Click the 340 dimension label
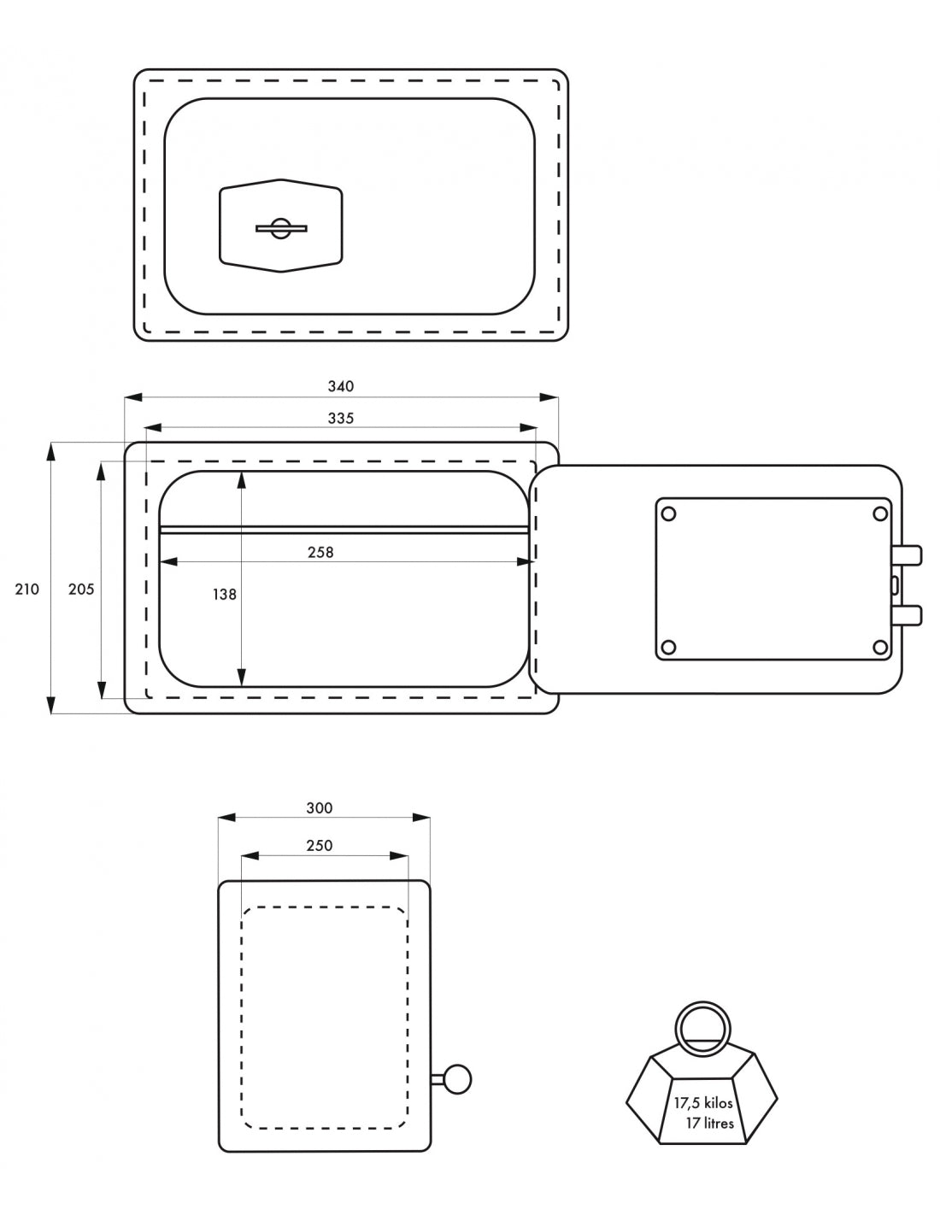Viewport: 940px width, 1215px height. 341,386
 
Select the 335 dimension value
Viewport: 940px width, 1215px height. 341,418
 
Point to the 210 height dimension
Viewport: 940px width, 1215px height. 26,589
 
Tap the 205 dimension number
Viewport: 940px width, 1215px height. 81,589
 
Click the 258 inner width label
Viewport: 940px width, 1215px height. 320,553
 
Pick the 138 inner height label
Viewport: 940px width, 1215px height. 224,595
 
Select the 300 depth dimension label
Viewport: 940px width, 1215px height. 320,808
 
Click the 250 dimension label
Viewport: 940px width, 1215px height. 320,845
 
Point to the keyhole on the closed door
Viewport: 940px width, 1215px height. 281,229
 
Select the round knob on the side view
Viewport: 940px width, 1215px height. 457,1078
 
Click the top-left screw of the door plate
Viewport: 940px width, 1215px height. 669,514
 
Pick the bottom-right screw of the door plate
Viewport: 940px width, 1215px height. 879,648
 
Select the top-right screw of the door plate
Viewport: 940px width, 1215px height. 879,514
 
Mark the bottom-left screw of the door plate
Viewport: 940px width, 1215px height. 669,648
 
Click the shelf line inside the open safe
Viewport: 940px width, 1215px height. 344,530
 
